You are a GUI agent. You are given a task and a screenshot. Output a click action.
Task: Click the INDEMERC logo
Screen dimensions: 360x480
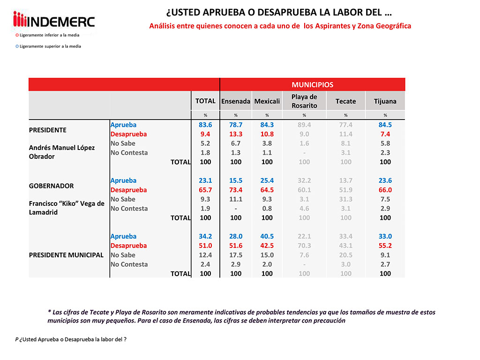tap(54, 21)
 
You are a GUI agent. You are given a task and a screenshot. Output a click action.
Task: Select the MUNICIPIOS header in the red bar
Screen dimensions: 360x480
tap(312, 85)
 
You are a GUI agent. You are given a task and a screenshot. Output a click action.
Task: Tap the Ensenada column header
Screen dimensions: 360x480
tap(236, 101)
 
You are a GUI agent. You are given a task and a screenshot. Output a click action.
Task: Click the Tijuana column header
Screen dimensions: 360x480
tap(385, 101)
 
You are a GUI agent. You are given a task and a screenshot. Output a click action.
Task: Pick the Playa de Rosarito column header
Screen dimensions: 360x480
tap(304, 101)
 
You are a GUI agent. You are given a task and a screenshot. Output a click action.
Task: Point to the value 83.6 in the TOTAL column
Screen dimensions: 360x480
tap(205, 125)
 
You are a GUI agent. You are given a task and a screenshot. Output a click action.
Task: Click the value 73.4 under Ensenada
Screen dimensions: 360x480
tap(236, 190)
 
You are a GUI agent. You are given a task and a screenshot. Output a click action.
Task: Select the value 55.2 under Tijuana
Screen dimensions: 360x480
tap(385, 246)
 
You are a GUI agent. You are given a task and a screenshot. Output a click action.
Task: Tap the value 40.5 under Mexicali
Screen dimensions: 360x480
tap(267, 236)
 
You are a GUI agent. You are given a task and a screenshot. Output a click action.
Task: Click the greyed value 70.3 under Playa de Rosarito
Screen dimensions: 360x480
tap(304, 246)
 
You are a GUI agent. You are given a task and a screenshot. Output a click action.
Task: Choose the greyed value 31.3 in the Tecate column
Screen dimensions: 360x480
tap(345, 199)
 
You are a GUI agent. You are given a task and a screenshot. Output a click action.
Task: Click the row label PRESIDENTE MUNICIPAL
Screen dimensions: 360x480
tap(66, 255)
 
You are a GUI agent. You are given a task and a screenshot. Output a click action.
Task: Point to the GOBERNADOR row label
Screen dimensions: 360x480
tap(52, 186)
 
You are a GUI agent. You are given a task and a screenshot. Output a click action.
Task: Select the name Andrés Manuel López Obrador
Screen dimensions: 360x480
tap(62, 152)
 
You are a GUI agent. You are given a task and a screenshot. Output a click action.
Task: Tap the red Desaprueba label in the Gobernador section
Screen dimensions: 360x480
tap(128, 190)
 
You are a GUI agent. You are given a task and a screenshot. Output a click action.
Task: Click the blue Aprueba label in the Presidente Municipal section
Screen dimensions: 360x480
tap(123, 236)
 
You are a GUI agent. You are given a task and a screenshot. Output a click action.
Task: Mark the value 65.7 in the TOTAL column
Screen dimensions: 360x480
tap(205, 190)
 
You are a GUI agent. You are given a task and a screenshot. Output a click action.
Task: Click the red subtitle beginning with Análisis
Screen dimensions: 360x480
tap(280, 26)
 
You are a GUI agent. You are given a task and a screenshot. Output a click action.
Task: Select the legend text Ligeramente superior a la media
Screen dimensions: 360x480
tap(50, 46)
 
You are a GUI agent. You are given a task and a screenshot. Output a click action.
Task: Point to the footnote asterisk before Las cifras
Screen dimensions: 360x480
tap(49, 312)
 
